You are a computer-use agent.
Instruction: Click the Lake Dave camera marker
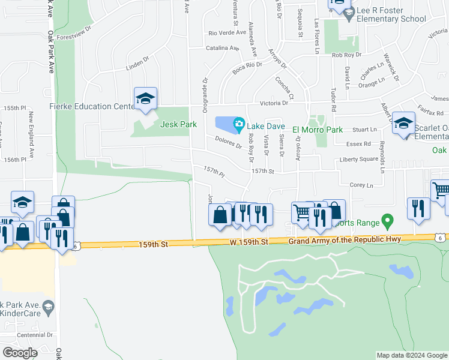(239, 125)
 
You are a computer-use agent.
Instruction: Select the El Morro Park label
(318, 129)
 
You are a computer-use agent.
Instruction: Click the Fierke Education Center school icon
(145, 99)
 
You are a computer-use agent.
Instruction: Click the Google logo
(20, 352)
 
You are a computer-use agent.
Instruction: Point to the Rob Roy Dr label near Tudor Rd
(346, 55)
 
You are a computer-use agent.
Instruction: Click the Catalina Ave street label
(223, 48)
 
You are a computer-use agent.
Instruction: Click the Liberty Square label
(358, 159)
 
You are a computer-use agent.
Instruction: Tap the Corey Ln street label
(361, 185)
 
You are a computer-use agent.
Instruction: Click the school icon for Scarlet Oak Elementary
(403, 124)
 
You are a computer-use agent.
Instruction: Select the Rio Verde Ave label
(227, 33)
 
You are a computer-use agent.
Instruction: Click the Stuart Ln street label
(365, 129)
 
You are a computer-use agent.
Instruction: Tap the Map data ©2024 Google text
(411, 355)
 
